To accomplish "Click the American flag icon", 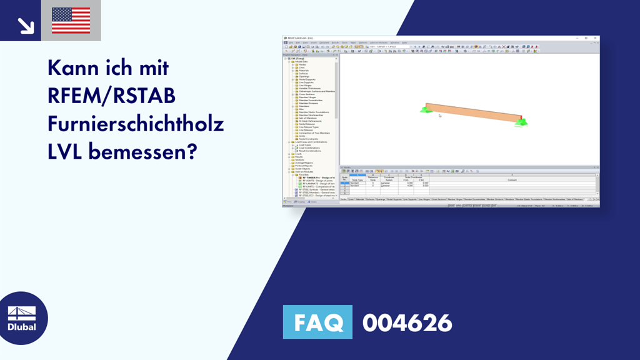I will click(x=71, y=21).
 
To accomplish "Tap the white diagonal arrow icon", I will click(x=26, y=25).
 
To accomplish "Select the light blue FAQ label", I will click(x=317, y=322).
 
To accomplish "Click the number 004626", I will click(x=407, y=322).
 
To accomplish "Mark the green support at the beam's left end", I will click(x=426, y=110).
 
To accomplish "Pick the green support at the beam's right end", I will click(x=521, y=121).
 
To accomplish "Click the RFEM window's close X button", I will click(x=596, y=38).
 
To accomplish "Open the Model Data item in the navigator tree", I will click(x=301, y=61).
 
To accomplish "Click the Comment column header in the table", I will click(x=512, y=180).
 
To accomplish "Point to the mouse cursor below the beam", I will click(x=440, y=116).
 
